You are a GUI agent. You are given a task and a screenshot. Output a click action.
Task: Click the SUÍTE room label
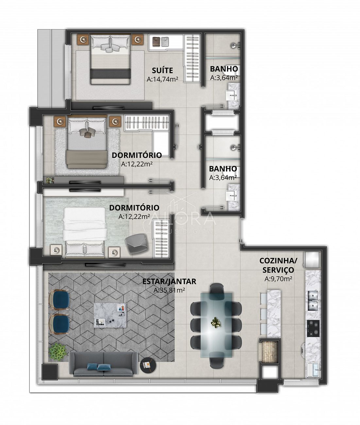163,70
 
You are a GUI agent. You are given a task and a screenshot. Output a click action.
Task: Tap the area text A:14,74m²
163,79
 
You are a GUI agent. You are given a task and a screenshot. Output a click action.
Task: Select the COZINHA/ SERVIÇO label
278,265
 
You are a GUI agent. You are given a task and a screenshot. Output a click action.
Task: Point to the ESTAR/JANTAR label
169,281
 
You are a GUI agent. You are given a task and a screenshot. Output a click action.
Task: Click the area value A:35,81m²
169,290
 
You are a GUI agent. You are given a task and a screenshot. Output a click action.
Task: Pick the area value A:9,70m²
278,279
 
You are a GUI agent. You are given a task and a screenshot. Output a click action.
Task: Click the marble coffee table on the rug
110,315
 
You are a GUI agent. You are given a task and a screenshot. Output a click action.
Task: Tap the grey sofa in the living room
103,364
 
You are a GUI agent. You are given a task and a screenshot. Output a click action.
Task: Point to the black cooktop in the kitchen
313,328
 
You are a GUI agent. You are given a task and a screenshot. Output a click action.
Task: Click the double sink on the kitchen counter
313,300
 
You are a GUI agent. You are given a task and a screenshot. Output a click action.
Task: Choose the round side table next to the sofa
148,365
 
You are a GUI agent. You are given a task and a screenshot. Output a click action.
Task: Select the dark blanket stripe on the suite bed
111,74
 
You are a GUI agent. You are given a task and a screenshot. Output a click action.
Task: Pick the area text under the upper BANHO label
224,78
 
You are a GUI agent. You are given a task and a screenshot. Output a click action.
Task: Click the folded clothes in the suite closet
161,42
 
